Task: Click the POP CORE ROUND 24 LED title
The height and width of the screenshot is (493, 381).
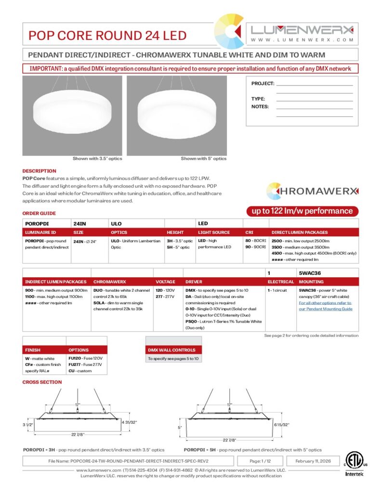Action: pos(107,36)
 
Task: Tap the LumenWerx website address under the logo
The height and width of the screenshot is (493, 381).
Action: pos(302,40)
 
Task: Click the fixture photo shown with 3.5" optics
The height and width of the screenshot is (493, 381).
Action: pos(72,116)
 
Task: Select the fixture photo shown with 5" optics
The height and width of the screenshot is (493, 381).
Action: pos(176,116)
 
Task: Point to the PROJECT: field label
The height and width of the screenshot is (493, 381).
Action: pos(263,84)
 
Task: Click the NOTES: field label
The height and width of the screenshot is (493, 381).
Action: pos(260,107)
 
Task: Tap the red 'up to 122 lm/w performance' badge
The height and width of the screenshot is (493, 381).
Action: pos(300,211)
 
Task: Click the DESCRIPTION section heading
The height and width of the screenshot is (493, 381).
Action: pos(39,171)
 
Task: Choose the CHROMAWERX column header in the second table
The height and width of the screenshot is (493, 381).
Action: pos(109,282)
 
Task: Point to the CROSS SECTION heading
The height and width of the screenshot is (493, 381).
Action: pos(42,382)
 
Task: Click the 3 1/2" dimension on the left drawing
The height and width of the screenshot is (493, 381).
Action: pos(28,425)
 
